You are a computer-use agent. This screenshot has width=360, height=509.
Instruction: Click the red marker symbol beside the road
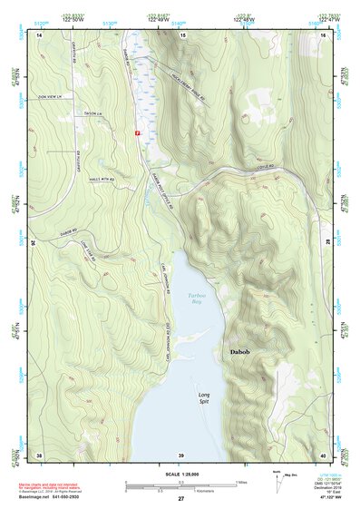click(x=137, y=133)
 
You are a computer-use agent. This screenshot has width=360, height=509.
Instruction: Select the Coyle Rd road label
click(x=259, y=169)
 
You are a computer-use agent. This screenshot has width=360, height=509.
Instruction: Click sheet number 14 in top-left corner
click(x=39, y=34)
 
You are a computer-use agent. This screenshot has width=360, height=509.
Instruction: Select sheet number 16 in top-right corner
click(x=324, y=34)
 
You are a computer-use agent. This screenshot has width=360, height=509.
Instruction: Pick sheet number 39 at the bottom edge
click(x=180, y=455)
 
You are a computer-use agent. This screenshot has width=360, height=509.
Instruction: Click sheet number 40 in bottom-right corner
click(x=324, y=455)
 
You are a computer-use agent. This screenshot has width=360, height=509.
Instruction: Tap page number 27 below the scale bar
click(x=180, y=499)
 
